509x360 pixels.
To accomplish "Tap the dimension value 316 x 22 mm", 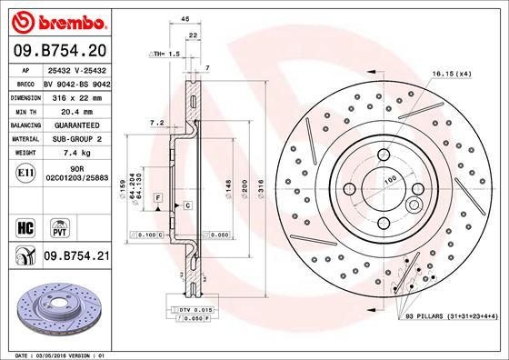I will click(77, 95).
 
